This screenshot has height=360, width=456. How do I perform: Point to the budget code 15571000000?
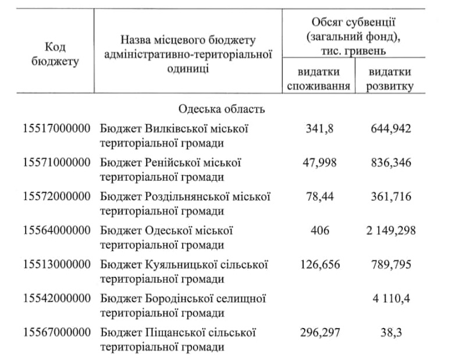(x=58, y=162)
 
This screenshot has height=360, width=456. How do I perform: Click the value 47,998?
(x=319, y=162)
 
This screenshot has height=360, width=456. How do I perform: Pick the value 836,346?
(x=390, y=162)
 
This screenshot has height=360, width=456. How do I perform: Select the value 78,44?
(x=319, y=197)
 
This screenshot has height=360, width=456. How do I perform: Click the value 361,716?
(x=390, y=197)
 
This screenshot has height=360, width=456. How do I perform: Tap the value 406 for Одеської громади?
(x=319, y=231)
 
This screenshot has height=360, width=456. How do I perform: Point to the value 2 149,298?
(x=390, y=231)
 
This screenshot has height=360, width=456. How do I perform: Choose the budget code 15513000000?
(x=58, y=265)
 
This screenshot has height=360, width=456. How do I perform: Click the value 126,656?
(x=319, y=265)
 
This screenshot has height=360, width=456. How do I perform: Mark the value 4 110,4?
(x=390, y=299)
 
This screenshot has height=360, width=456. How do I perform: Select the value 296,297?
(x=319, y=333)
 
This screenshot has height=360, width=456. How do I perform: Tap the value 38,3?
(x=390, y=333)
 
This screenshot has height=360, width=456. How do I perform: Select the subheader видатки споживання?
(x=319, y=79)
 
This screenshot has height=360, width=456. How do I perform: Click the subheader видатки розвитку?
(x=390, y=79)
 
